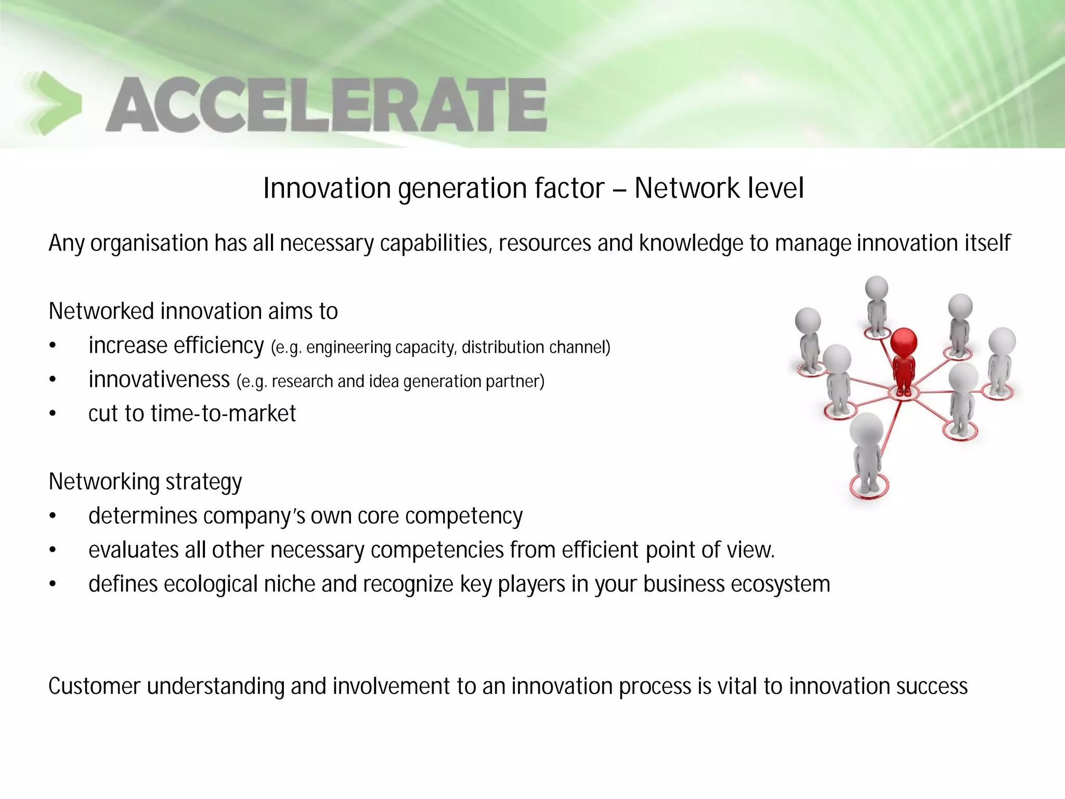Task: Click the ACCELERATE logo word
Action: click(326, 105)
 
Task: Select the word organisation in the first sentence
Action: click(149, 243)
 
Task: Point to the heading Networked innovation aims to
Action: click(193, 311)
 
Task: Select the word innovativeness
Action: click(159, 380)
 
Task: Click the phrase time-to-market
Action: click(223, 414)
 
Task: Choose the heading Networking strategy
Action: click(145, 482)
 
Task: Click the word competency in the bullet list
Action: click(463, 516)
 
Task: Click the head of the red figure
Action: click(903, 342)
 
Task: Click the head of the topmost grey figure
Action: click(876, 288)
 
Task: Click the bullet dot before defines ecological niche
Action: click(52, 585)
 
